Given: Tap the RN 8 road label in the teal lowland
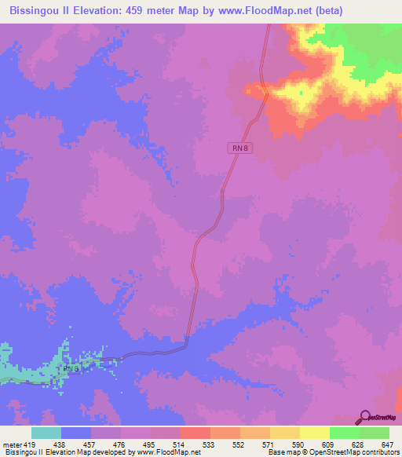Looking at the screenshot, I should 71,367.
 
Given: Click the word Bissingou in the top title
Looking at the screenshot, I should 36,9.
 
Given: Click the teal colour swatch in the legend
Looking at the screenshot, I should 46,433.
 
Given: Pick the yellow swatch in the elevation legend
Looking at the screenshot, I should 284,433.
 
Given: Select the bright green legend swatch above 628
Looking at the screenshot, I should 344,433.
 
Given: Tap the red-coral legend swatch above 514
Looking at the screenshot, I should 195,433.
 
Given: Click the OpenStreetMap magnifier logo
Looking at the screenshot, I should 364,416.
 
